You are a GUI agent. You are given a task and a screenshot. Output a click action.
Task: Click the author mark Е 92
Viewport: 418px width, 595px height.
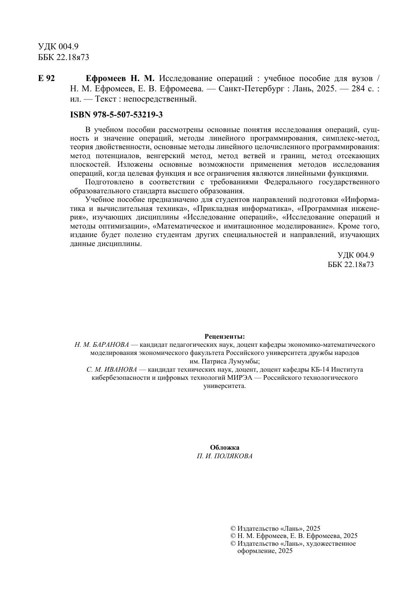point(46,78)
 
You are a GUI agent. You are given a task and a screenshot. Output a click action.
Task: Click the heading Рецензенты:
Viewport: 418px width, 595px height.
point(224,337)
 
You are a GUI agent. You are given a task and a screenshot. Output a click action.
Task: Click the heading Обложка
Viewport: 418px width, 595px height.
point(224,448)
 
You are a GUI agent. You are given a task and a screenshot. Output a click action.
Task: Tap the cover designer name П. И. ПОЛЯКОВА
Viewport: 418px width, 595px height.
point(224,456)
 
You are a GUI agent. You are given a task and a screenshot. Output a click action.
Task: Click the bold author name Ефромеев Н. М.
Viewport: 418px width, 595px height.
point(120,78)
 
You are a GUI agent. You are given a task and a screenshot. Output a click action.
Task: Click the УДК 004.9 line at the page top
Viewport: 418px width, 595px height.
point(58,47)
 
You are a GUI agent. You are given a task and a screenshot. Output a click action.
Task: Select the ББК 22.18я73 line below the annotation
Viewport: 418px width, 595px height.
point(350,264)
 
